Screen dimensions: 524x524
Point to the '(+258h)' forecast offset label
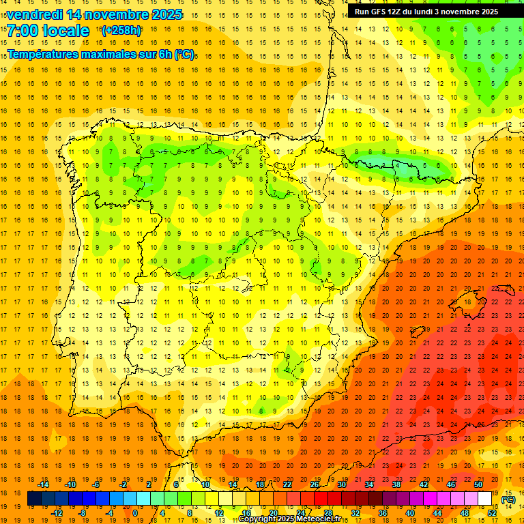point(121,31)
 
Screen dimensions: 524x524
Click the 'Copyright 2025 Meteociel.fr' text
point(289,519)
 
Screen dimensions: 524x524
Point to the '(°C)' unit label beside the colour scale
point(508,499)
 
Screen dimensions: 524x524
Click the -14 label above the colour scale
point(44,484)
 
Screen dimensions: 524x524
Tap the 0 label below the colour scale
point(135,513)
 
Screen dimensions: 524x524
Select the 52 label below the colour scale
point(492,513)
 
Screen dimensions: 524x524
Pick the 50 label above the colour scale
point(478,484)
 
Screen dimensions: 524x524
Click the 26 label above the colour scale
point(314,484)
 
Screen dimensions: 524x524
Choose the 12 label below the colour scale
point(218,513)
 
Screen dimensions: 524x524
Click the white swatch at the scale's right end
point(485,499)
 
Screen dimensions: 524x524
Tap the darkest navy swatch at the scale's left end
point(34,499)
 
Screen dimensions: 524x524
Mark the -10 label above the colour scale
point(71,484)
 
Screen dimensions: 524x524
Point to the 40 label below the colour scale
point(409,513)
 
